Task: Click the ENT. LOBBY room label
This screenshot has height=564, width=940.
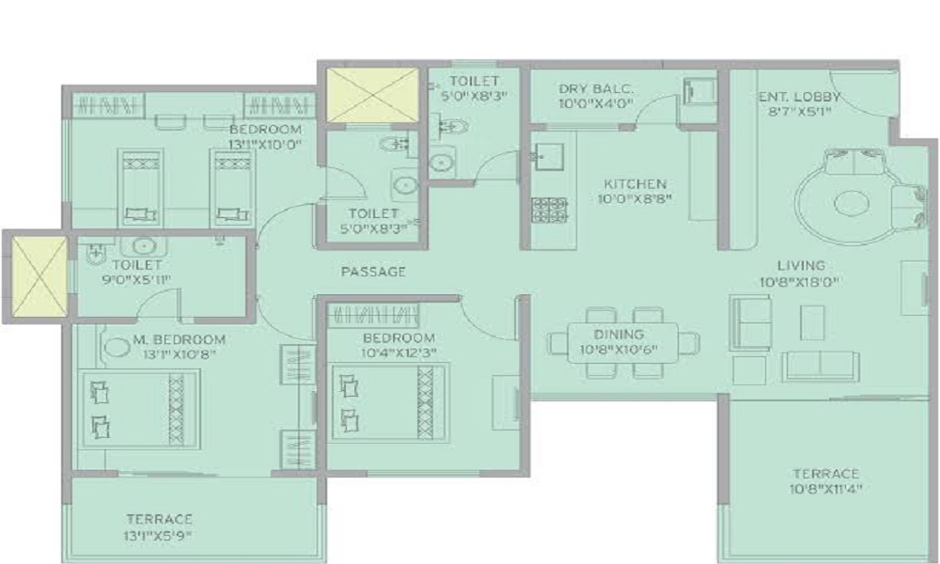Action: [799, 97]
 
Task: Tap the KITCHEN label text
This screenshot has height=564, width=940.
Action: [634, 184]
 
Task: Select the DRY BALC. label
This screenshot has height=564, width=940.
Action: [595, 89]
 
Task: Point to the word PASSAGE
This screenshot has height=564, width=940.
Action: [373, 272]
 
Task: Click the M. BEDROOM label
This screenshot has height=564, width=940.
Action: [180, 339]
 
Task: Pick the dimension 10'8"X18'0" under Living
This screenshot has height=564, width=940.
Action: [800, 281]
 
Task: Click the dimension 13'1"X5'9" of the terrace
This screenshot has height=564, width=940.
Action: [158, 535]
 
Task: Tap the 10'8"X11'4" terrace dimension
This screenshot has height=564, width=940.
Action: [825, 489]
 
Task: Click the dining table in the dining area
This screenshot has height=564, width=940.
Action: [623, 342]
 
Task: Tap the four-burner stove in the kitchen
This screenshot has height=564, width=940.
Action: [549, 210]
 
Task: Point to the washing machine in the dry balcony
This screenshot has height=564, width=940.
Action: [699, 91]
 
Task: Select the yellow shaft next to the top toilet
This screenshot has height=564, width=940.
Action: [372, 95]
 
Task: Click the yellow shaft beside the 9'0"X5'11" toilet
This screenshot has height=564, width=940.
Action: [39, 276]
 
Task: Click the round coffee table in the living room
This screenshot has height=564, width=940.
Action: [850, 203]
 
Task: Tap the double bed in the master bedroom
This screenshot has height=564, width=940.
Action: [140, 408]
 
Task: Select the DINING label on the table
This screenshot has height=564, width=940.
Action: [619, 335]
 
